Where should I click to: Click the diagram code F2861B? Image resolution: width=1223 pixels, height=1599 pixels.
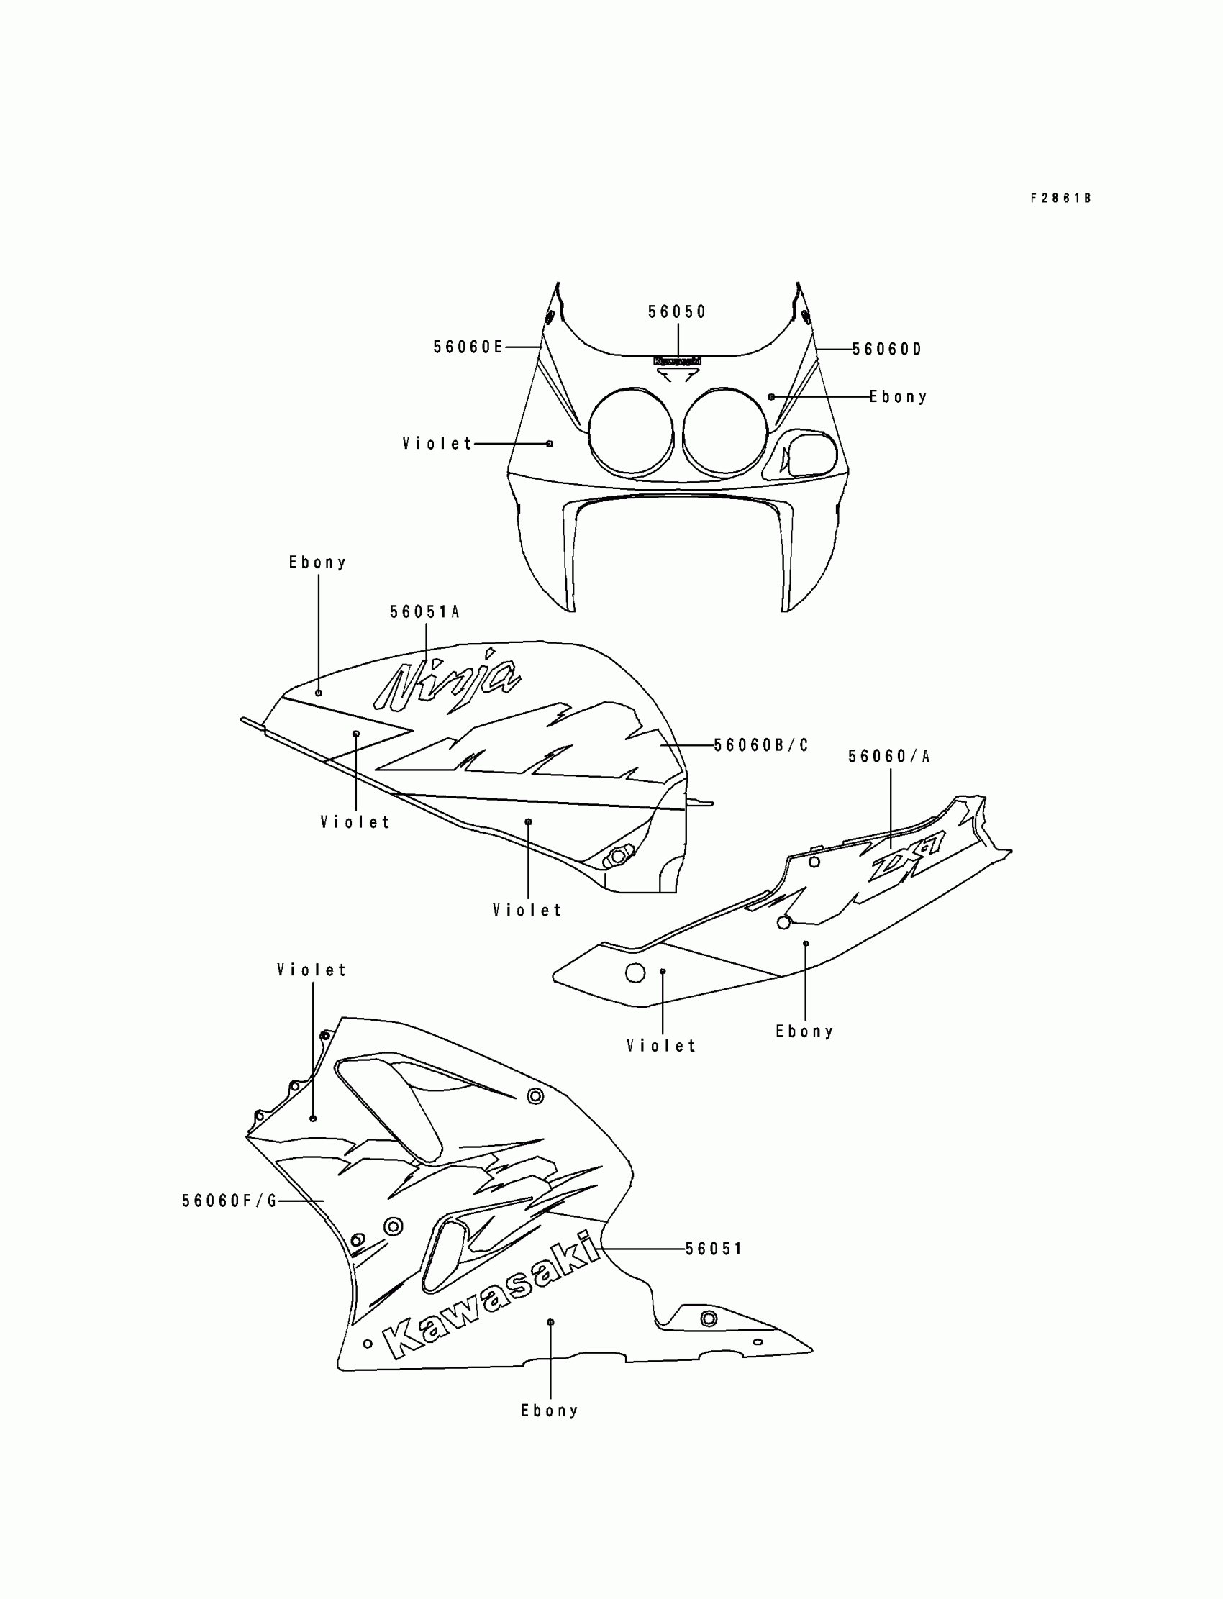tap(1060, 198)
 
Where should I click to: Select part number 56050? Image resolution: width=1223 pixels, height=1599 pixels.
tap(677, 312)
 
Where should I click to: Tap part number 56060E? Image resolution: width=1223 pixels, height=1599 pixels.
tap(468, 347)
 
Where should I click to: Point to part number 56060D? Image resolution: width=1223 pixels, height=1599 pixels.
tap(886, 350)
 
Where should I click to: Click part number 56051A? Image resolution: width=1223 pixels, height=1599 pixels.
tap(424, 612)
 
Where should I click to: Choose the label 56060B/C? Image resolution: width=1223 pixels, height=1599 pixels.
tap(760, 745)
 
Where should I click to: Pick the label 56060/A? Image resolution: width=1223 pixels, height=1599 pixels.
tap(889, 757)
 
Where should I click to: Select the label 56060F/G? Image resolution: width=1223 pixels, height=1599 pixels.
tap(229, 1201)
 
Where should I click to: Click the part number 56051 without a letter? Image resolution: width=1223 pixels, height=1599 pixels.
tap(714, 1249)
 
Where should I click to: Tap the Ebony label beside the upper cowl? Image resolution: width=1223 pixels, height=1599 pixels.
tap(899, 396)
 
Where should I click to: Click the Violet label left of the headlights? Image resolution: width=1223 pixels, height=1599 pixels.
tap(437, 443)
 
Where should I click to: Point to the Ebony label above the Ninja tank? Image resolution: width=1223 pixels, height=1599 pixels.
tap(317, 562)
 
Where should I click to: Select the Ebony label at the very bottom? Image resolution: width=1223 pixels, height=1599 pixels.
tap(550, 1411)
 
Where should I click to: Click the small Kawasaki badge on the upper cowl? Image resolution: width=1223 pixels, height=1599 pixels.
tap(677, 361)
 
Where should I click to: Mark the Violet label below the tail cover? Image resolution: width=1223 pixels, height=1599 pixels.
tap(661, 1047)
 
